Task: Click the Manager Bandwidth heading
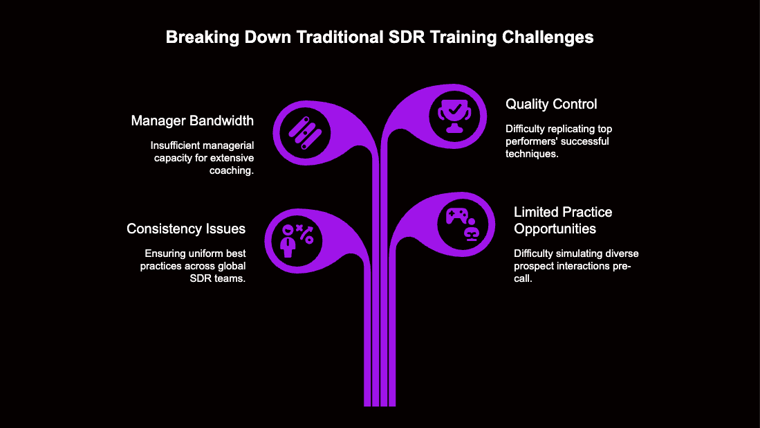pyautogui.click(x=192, y=121)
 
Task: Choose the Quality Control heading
pyautogui.click(x=551, y=105)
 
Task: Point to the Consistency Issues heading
pyautogui.click(x=186, y=229)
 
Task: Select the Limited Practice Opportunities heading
pyautogui.click(x=563, y=220)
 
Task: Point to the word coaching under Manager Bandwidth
pyautogui.click(x=232, y=170)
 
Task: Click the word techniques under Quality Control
pyautogui.click(x=532, y=154)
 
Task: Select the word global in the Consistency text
pyautogui.click(x=231, y=266)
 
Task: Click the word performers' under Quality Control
pyautogui.click(x=531, y=141)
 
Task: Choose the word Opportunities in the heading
pyautogui.click(x=555, y=229)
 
